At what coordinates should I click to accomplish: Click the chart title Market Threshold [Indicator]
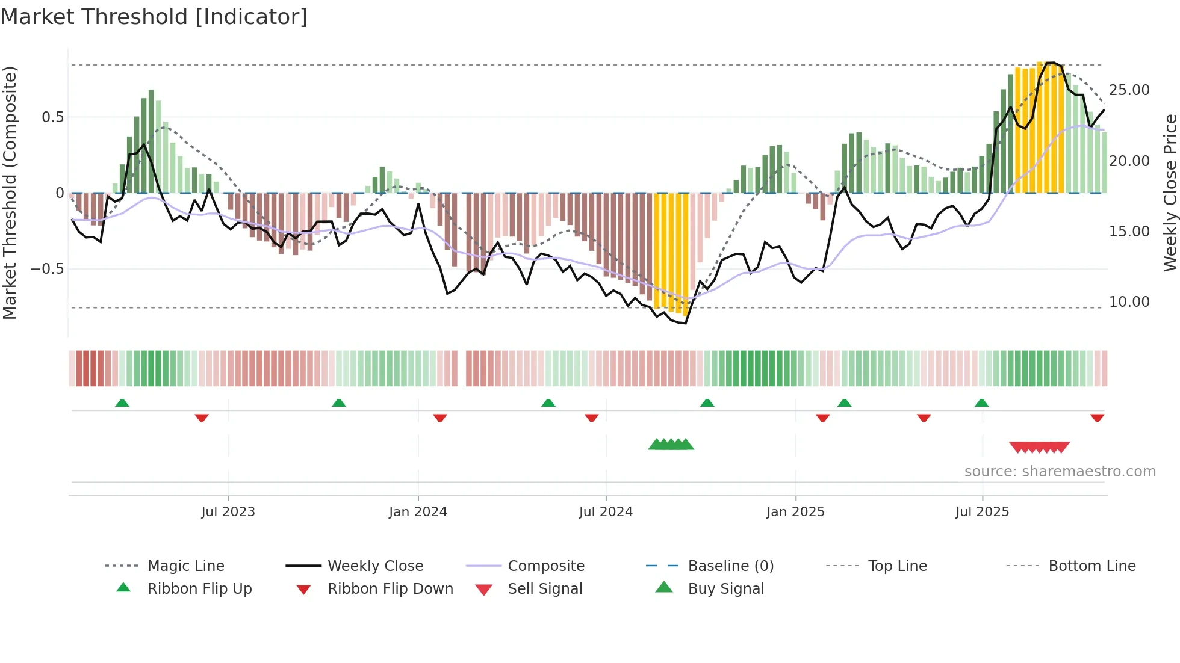pos(154,17)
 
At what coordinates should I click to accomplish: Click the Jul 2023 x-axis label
pos(228,511)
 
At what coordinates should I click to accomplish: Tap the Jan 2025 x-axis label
pos(795,511)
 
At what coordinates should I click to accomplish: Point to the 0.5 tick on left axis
pos(53,117)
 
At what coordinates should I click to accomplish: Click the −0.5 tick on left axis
pos(48,268)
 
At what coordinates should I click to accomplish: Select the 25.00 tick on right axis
pos(1129,90)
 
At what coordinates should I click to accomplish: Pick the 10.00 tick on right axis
pos(1129,301)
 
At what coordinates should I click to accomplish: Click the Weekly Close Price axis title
pos(1170,193)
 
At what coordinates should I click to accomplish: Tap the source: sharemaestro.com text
pos(1060,471)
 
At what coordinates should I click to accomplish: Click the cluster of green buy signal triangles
pos(671,445)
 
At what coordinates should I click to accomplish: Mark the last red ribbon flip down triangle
pos(1097,418)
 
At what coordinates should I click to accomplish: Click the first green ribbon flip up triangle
pos(122,403)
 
